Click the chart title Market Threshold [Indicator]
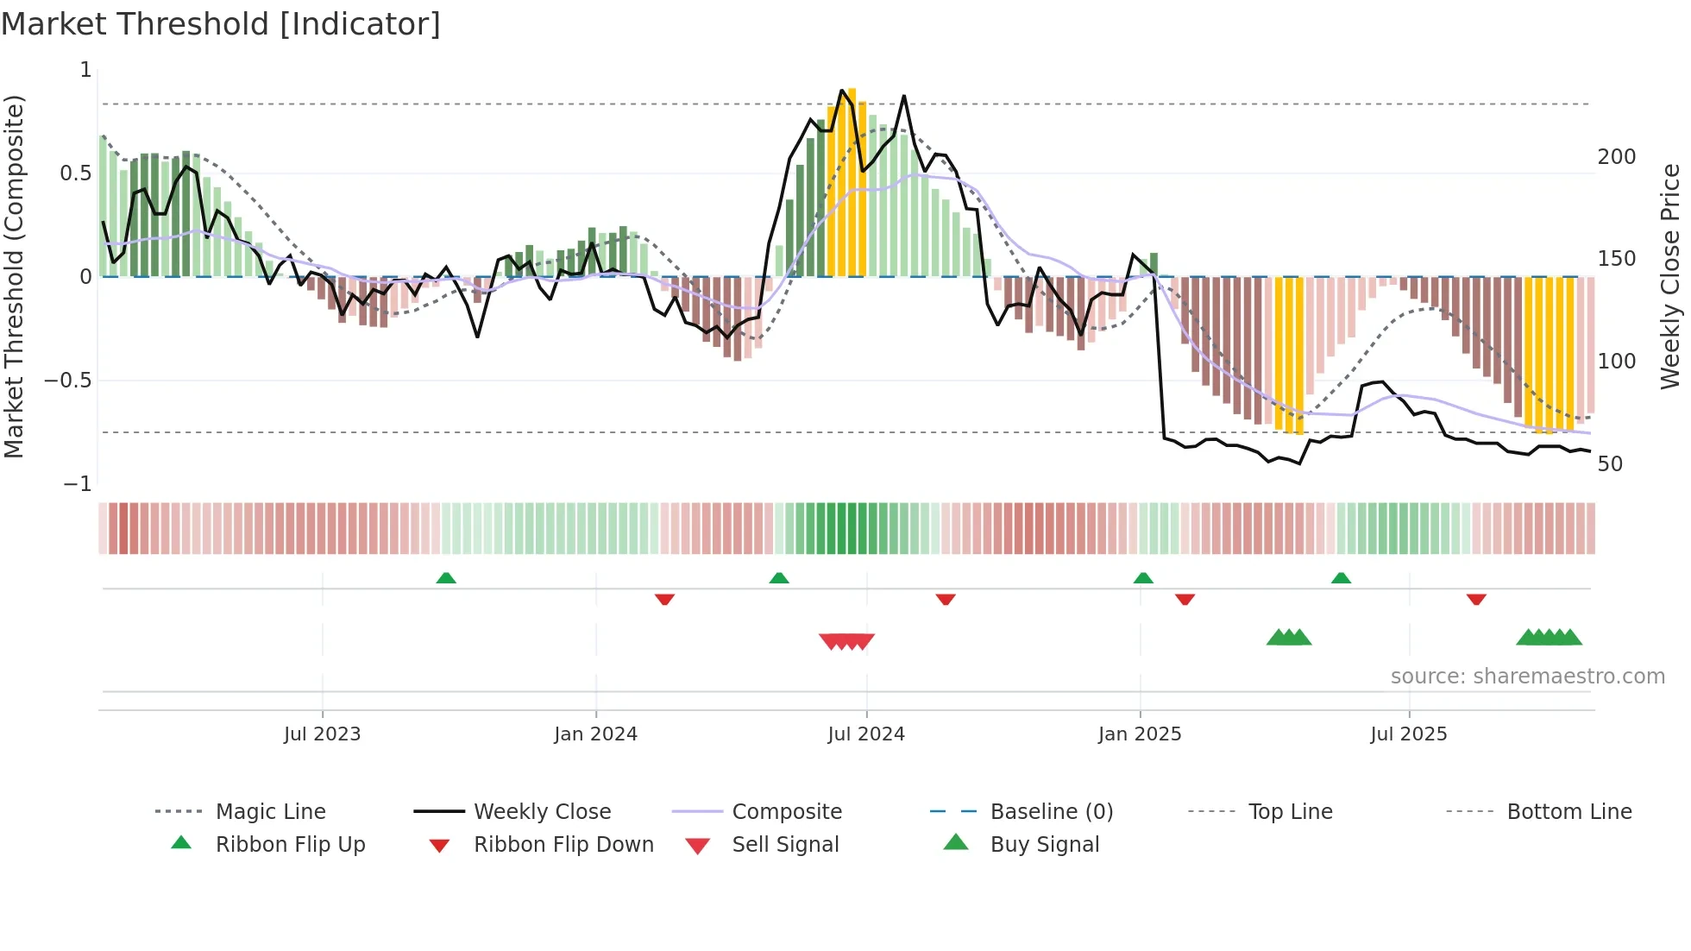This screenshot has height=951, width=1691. coord(221,24)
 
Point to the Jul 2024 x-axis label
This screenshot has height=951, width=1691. coord(865,734)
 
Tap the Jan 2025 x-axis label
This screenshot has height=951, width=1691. coord(1139,734)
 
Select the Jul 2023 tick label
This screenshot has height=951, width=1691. coord(322,734)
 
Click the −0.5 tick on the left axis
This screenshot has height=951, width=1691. coord(67,381)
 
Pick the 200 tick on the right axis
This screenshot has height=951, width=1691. coord(1616,157)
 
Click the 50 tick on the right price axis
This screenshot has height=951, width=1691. coord(1610,464)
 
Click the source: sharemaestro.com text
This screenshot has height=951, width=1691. coord(1527,677)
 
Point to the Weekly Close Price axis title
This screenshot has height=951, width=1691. coord(1670,276)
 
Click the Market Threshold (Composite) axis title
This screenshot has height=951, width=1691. coord(14,276)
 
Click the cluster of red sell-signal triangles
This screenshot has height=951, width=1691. coord(846,641)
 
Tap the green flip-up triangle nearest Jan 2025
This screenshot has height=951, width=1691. coord(1143,578)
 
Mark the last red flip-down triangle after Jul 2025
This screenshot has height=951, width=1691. coord(1476,599)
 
